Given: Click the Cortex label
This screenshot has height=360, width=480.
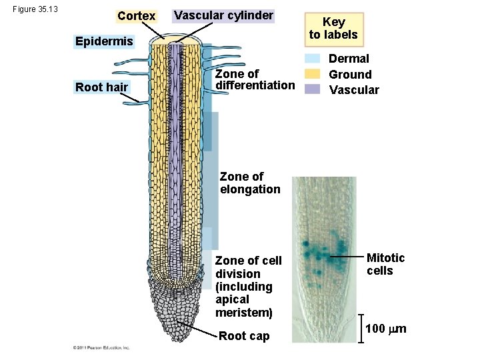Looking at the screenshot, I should pos(136,15).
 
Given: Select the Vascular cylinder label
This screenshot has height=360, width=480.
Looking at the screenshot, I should pos(223,15).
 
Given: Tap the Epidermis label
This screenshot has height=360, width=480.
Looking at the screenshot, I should pos(104,42).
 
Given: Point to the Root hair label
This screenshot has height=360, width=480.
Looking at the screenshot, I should pos(101,87).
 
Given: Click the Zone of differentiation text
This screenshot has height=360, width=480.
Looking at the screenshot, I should pos(255,79).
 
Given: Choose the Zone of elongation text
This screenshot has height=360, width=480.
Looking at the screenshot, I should pos(250,183).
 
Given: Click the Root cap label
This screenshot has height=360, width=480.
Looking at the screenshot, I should pos(244,336).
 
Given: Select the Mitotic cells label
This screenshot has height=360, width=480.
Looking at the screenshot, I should pos(385,264).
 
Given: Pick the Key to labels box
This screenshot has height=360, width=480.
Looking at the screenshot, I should pos(333,29).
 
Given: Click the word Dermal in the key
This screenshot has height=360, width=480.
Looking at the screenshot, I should pos(349,59).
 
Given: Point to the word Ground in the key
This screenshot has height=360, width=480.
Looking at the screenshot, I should pos(350,75).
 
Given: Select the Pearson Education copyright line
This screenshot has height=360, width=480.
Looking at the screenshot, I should pos(101,348).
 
